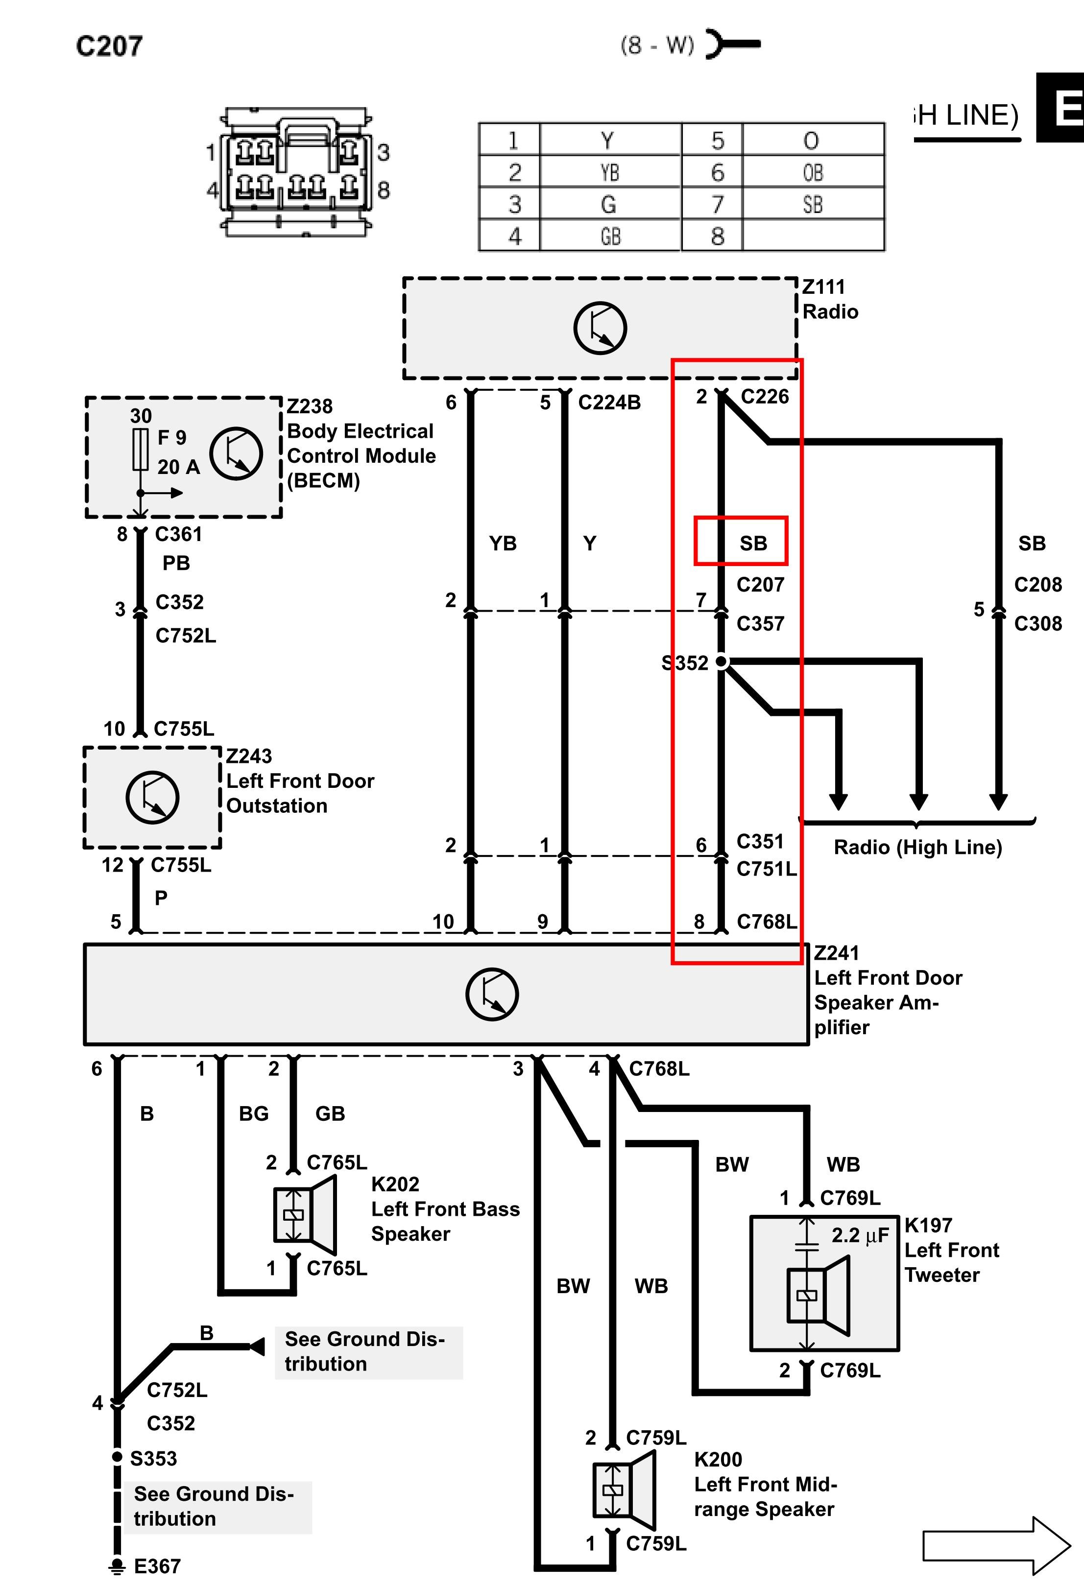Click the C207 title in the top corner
pyautogui.click(x=109, y=46)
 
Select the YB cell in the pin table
pyautogui.click(x=610, y=172)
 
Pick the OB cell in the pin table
pyautogui.click(x=813, y=172)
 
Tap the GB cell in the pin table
pyautogui.click(x=610, y=236)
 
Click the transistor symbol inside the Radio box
pyautogui.click(x=600, y=328)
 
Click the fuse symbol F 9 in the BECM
pyautogui.click(x=141, y=450)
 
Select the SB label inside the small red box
pyautogui.click(x=753, y=544)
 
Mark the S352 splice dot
pyautogui.click(x=721, y=662)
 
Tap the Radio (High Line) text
pyautogui.click(x=917, y=847)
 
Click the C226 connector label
pyautogui.click(x=765, y=396)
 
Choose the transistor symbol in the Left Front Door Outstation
pyautogui.click(x=152, y=797)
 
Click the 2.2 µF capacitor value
pyautogui.click(x=860, y=1235)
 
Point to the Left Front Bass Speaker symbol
pyautogui.click(x=304, y=1215)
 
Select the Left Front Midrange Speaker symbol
pyautogui.click(x=624, y=1490)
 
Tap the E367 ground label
pyautogui.click(x=157, y=1566)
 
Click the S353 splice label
pyautogui.click(x=153, y=1458)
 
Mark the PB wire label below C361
pyautogui.click(x=176, y=563)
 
